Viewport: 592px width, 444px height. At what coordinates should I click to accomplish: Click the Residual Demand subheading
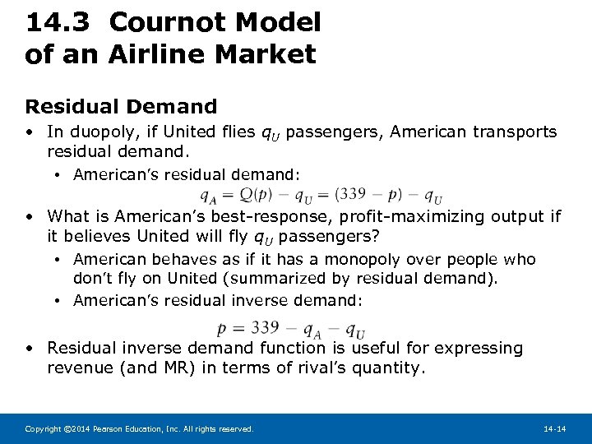[x=121, y=107]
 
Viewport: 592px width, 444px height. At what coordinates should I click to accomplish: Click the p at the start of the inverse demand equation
[x=222, y=327]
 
